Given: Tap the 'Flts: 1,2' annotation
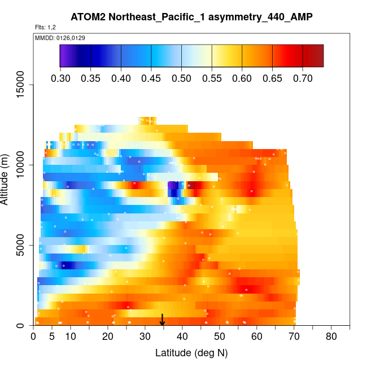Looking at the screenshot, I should pos(45,27).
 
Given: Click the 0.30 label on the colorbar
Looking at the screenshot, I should pos(60,78).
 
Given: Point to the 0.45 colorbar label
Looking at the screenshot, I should pos(151,78).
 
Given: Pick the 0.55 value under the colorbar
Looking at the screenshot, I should pos(212,78).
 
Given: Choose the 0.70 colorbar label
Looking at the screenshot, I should pos(303,78).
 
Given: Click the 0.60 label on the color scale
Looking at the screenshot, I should pos(242,78).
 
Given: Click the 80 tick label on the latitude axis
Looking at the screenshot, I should pos(331,337).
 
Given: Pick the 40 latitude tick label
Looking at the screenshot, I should pos(182,337).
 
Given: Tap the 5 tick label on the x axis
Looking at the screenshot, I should pos(52,337).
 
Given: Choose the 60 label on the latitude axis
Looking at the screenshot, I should pos(257,337).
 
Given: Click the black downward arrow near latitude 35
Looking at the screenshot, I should pos(163,321).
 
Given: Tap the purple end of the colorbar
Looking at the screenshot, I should pos(63,56).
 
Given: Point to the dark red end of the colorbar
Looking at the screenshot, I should pos(319,56).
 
